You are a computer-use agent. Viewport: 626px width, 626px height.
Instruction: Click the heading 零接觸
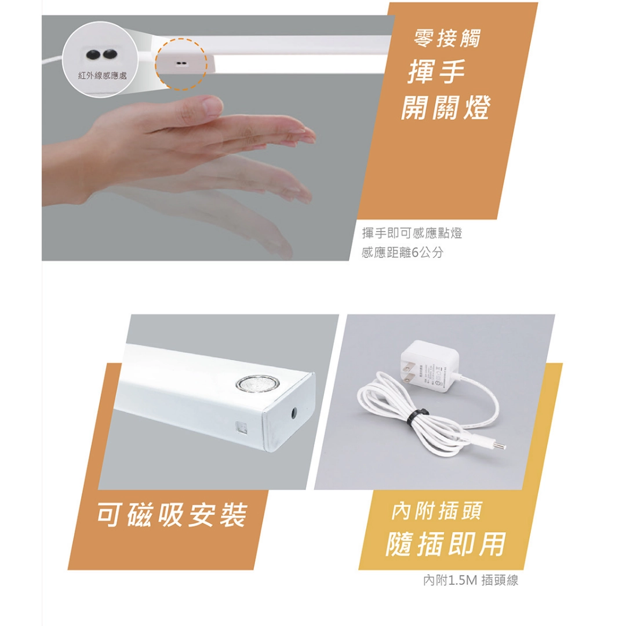[447, 39]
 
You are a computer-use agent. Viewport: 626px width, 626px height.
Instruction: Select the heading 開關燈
[445, 108]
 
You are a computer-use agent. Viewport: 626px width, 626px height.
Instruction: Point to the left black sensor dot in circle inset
[92, 54]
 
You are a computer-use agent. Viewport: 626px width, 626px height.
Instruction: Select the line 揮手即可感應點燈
[412, 234]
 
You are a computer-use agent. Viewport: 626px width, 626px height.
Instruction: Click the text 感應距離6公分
[402, 253]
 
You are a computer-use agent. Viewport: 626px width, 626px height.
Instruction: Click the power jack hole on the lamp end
[295, 414]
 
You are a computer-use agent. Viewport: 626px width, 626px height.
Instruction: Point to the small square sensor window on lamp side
[241, 428]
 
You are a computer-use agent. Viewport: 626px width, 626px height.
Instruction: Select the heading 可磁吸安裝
[172, 515]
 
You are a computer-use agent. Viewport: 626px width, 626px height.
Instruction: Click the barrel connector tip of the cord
[499, 446]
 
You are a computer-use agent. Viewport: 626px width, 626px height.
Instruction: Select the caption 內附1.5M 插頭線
[470, 580]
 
